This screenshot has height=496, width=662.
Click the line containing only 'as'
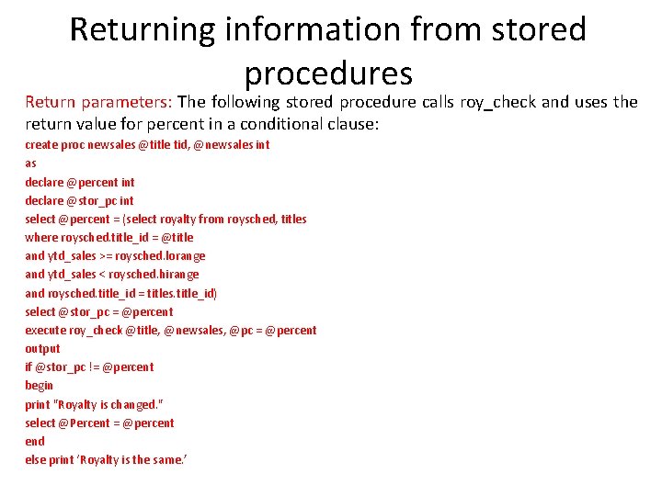pos(30,163)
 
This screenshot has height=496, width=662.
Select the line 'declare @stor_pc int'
pos(79,200)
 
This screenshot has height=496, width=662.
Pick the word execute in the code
pos(45,330)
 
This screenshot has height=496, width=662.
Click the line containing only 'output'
pos(42,349)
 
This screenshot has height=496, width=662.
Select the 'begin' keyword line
pos(39,386)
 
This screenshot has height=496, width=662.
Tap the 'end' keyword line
pos(34,441)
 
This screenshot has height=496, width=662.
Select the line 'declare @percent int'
pos(79,182)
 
